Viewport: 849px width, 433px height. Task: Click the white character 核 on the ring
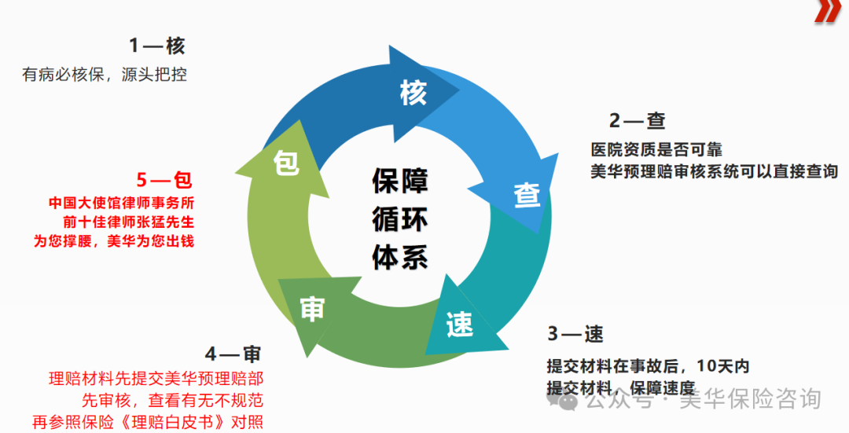(412, 93)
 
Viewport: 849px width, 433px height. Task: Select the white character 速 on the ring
(459, 324)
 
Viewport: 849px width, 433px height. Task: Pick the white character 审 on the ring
(312, 309)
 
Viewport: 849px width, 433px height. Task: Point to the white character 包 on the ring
(286, 163)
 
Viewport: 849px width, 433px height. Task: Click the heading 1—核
(157, 46)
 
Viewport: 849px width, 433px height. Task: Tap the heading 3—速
(575, 334)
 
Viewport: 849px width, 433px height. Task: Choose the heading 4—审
(233, 353)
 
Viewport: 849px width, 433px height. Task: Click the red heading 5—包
(164, 180)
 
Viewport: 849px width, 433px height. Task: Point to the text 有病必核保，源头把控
(105, 75)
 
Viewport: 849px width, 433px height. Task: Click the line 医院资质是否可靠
(656, 149)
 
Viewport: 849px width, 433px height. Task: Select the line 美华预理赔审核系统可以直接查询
(714, 171)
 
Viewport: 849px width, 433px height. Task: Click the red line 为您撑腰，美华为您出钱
(113, 241)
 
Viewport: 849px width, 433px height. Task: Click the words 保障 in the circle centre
(400, 181)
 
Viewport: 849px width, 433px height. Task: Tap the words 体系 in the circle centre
(400, 258)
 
